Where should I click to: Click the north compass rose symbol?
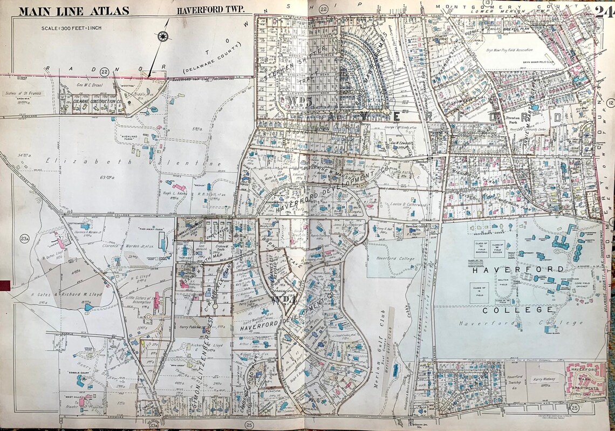click(161, 37)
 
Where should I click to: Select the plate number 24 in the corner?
click(605, 11)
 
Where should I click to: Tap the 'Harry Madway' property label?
click(544, 380)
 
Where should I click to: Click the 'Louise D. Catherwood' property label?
click(410, 206)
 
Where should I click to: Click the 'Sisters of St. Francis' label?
click(19, 93)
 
